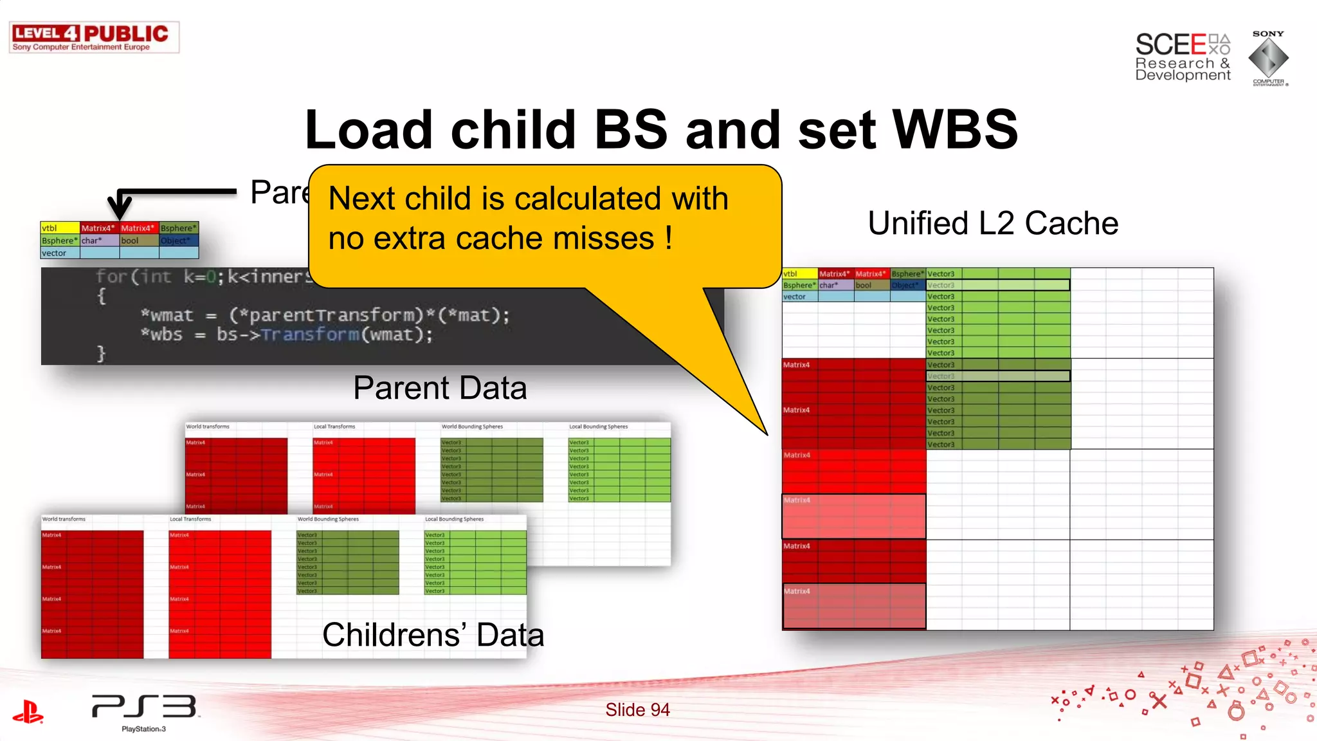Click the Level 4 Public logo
click(94, 37)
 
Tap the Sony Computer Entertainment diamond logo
click(1268, 58)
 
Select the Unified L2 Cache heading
click(993, 223)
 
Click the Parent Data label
click(440, 388)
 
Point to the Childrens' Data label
click(433, 635)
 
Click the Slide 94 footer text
click(637, 709)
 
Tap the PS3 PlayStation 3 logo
click(144, 710)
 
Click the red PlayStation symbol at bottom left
click(28, 711)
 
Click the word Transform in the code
click(310, 334)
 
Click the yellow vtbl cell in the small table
click(59, 228)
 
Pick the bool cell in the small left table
click(138, 241)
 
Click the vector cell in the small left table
click(59, 253)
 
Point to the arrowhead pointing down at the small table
click(120, 210)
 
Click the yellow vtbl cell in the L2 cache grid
click(799, 274)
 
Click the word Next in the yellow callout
click(361, 198)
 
